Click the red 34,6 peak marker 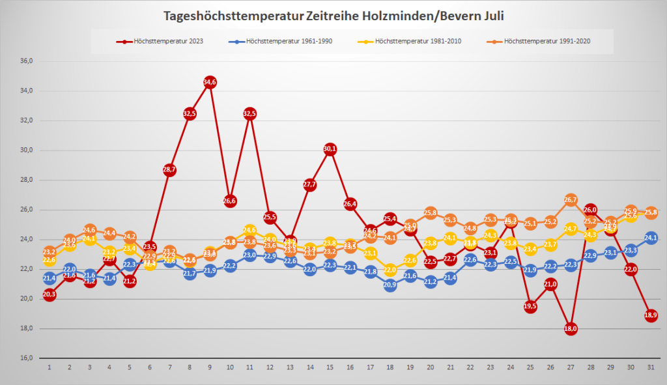point(210,82)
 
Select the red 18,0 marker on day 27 point(571,329)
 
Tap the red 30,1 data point point(330,149)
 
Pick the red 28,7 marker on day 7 point(169,170)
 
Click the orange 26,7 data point point(571,199)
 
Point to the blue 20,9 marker point(390,285)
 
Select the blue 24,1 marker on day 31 point(651,238)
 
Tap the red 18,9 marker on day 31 point(651,315)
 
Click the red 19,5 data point point(531,306)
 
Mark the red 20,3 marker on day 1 point(49,294)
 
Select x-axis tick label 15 point(330,367)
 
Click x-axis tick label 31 point(651,367)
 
